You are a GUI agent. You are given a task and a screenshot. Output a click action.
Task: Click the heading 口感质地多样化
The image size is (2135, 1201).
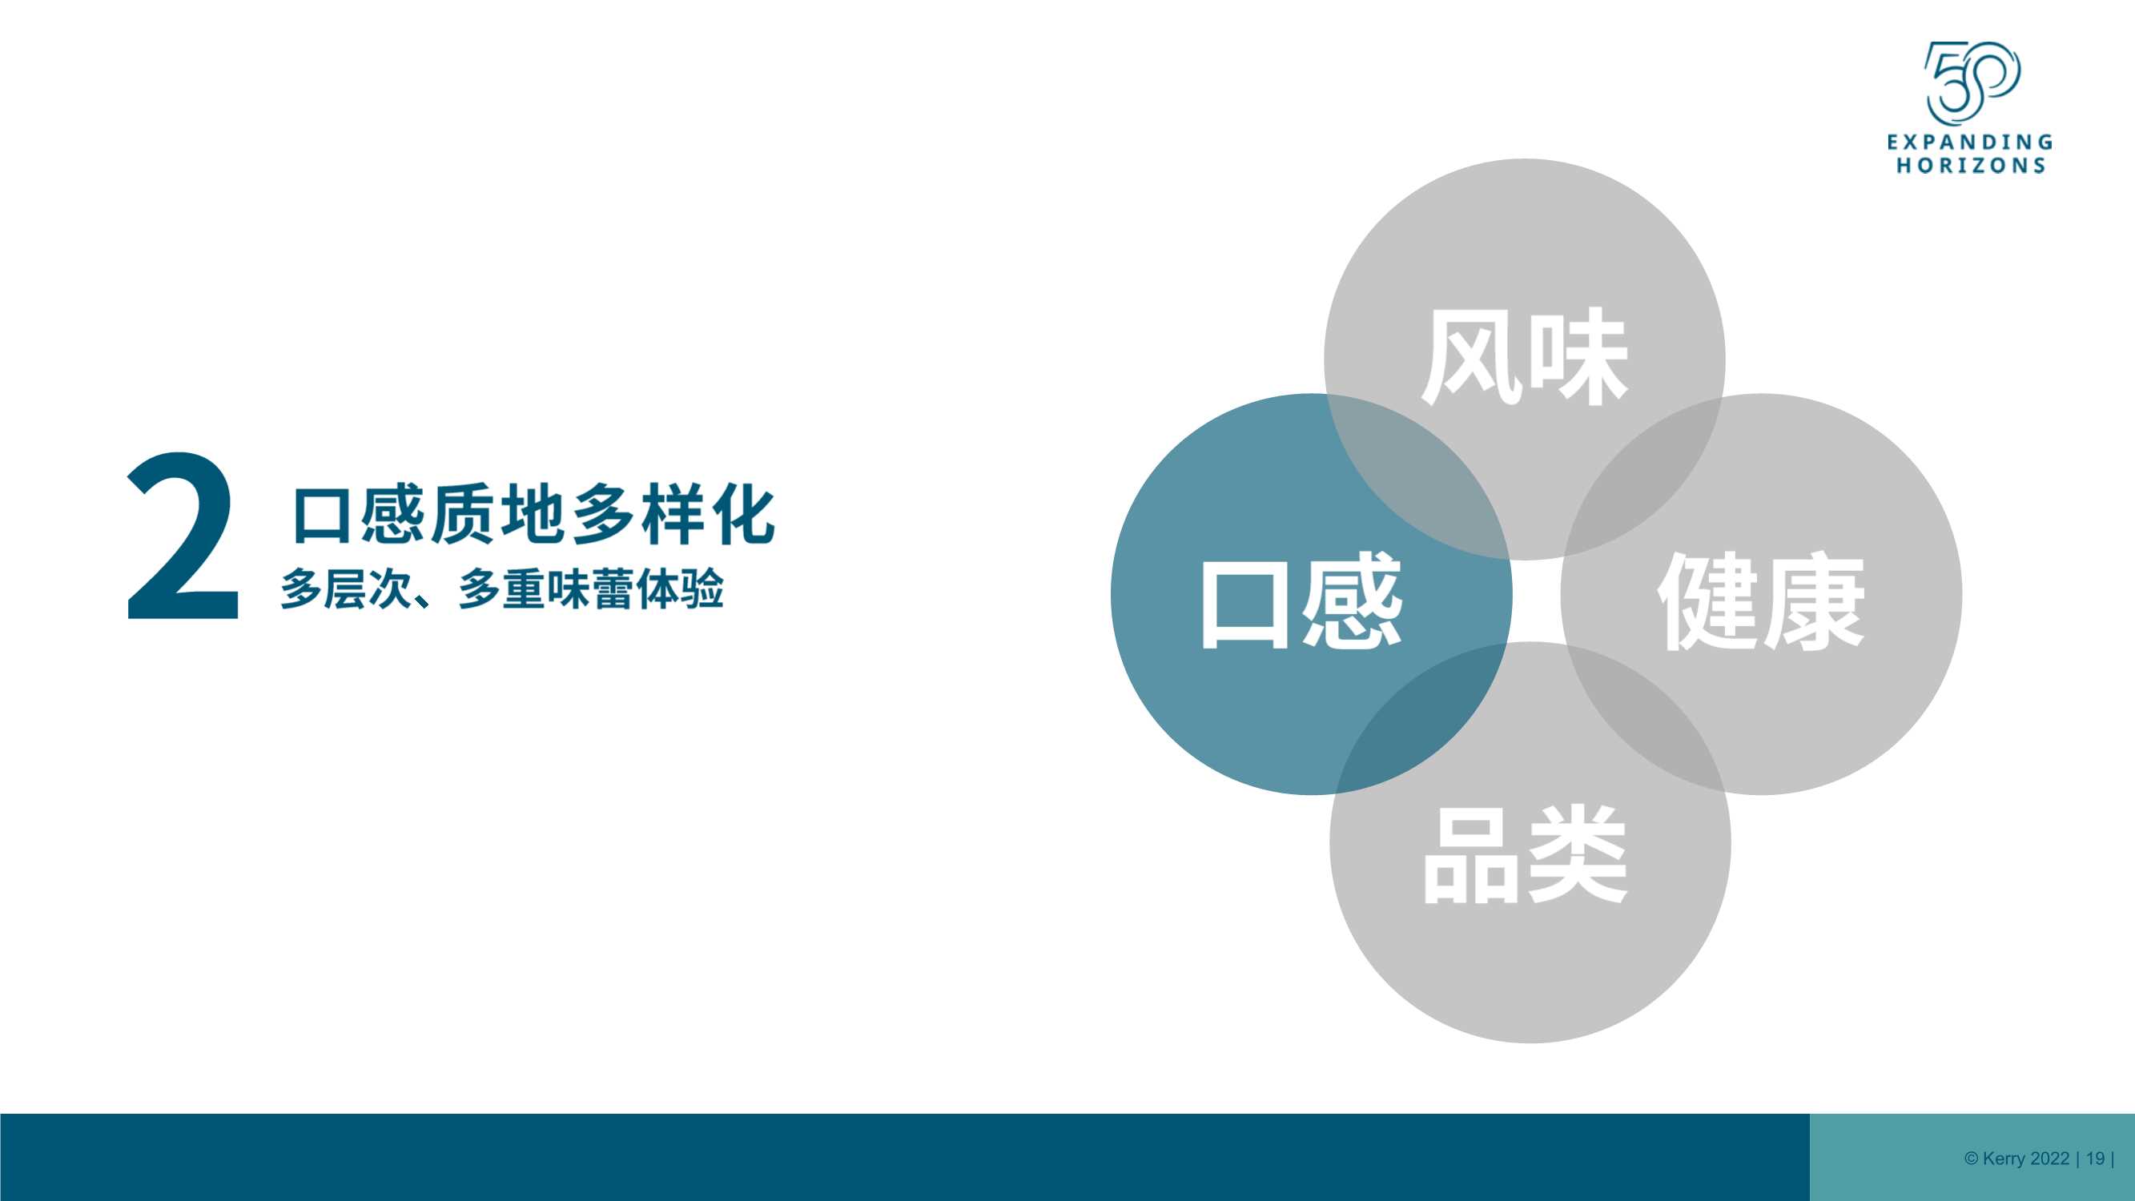[535, 515]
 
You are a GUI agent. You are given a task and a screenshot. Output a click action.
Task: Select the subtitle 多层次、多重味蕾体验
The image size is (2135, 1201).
[502, 588]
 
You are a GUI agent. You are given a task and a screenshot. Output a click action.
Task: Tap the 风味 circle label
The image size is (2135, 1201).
[1525, 356]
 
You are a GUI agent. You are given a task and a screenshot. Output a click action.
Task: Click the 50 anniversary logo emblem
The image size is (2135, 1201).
[1972, 83]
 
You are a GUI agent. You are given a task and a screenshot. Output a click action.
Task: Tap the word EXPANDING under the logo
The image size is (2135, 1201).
[1970, 142]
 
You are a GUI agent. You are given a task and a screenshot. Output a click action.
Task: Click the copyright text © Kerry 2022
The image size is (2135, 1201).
[2016, 1158]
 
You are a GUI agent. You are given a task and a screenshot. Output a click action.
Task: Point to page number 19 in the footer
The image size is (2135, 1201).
[2095, 1158]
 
